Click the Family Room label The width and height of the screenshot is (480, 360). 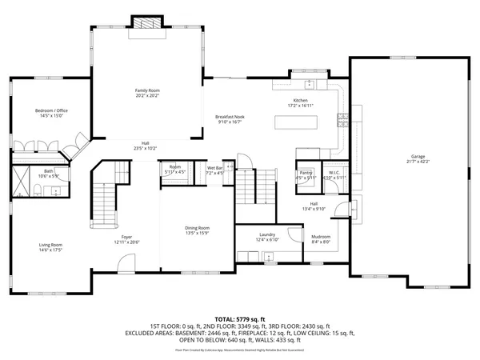click(147, 90)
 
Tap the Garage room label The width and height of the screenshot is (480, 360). click(418, 156)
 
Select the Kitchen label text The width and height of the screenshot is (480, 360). click(301, 100)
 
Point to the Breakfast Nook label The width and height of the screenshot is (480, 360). click(229, 117)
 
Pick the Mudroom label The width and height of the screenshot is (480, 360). click(321, 237)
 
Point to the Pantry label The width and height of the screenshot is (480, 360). click(306, 172)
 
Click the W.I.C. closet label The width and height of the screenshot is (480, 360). click(336, 172)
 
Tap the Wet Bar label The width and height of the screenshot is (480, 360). click(214, 168)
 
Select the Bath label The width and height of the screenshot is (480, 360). click(26, 170)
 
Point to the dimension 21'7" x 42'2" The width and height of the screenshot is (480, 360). click(418, 162)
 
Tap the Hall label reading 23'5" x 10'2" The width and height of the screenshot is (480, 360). click(145, 148)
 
